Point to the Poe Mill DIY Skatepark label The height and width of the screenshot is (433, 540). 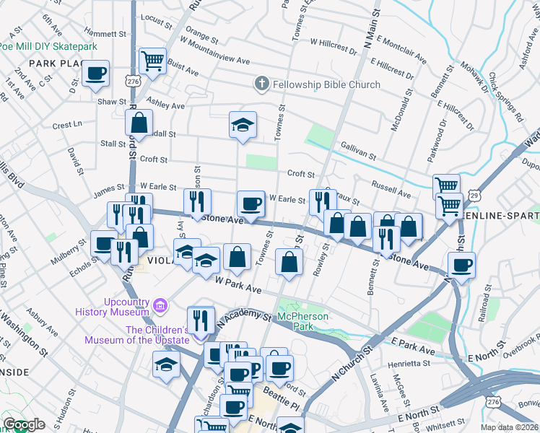48,46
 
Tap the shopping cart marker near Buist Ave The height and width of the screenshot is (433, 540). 152,61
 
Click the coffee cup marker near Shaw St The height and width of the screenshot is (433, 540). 95,73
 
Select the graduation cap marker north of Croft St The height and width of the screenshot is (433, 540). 243,125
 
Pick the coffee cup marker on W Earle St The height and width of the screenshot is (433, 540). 251,204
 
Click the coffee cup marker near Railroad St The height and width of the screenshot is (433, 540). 461,264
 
